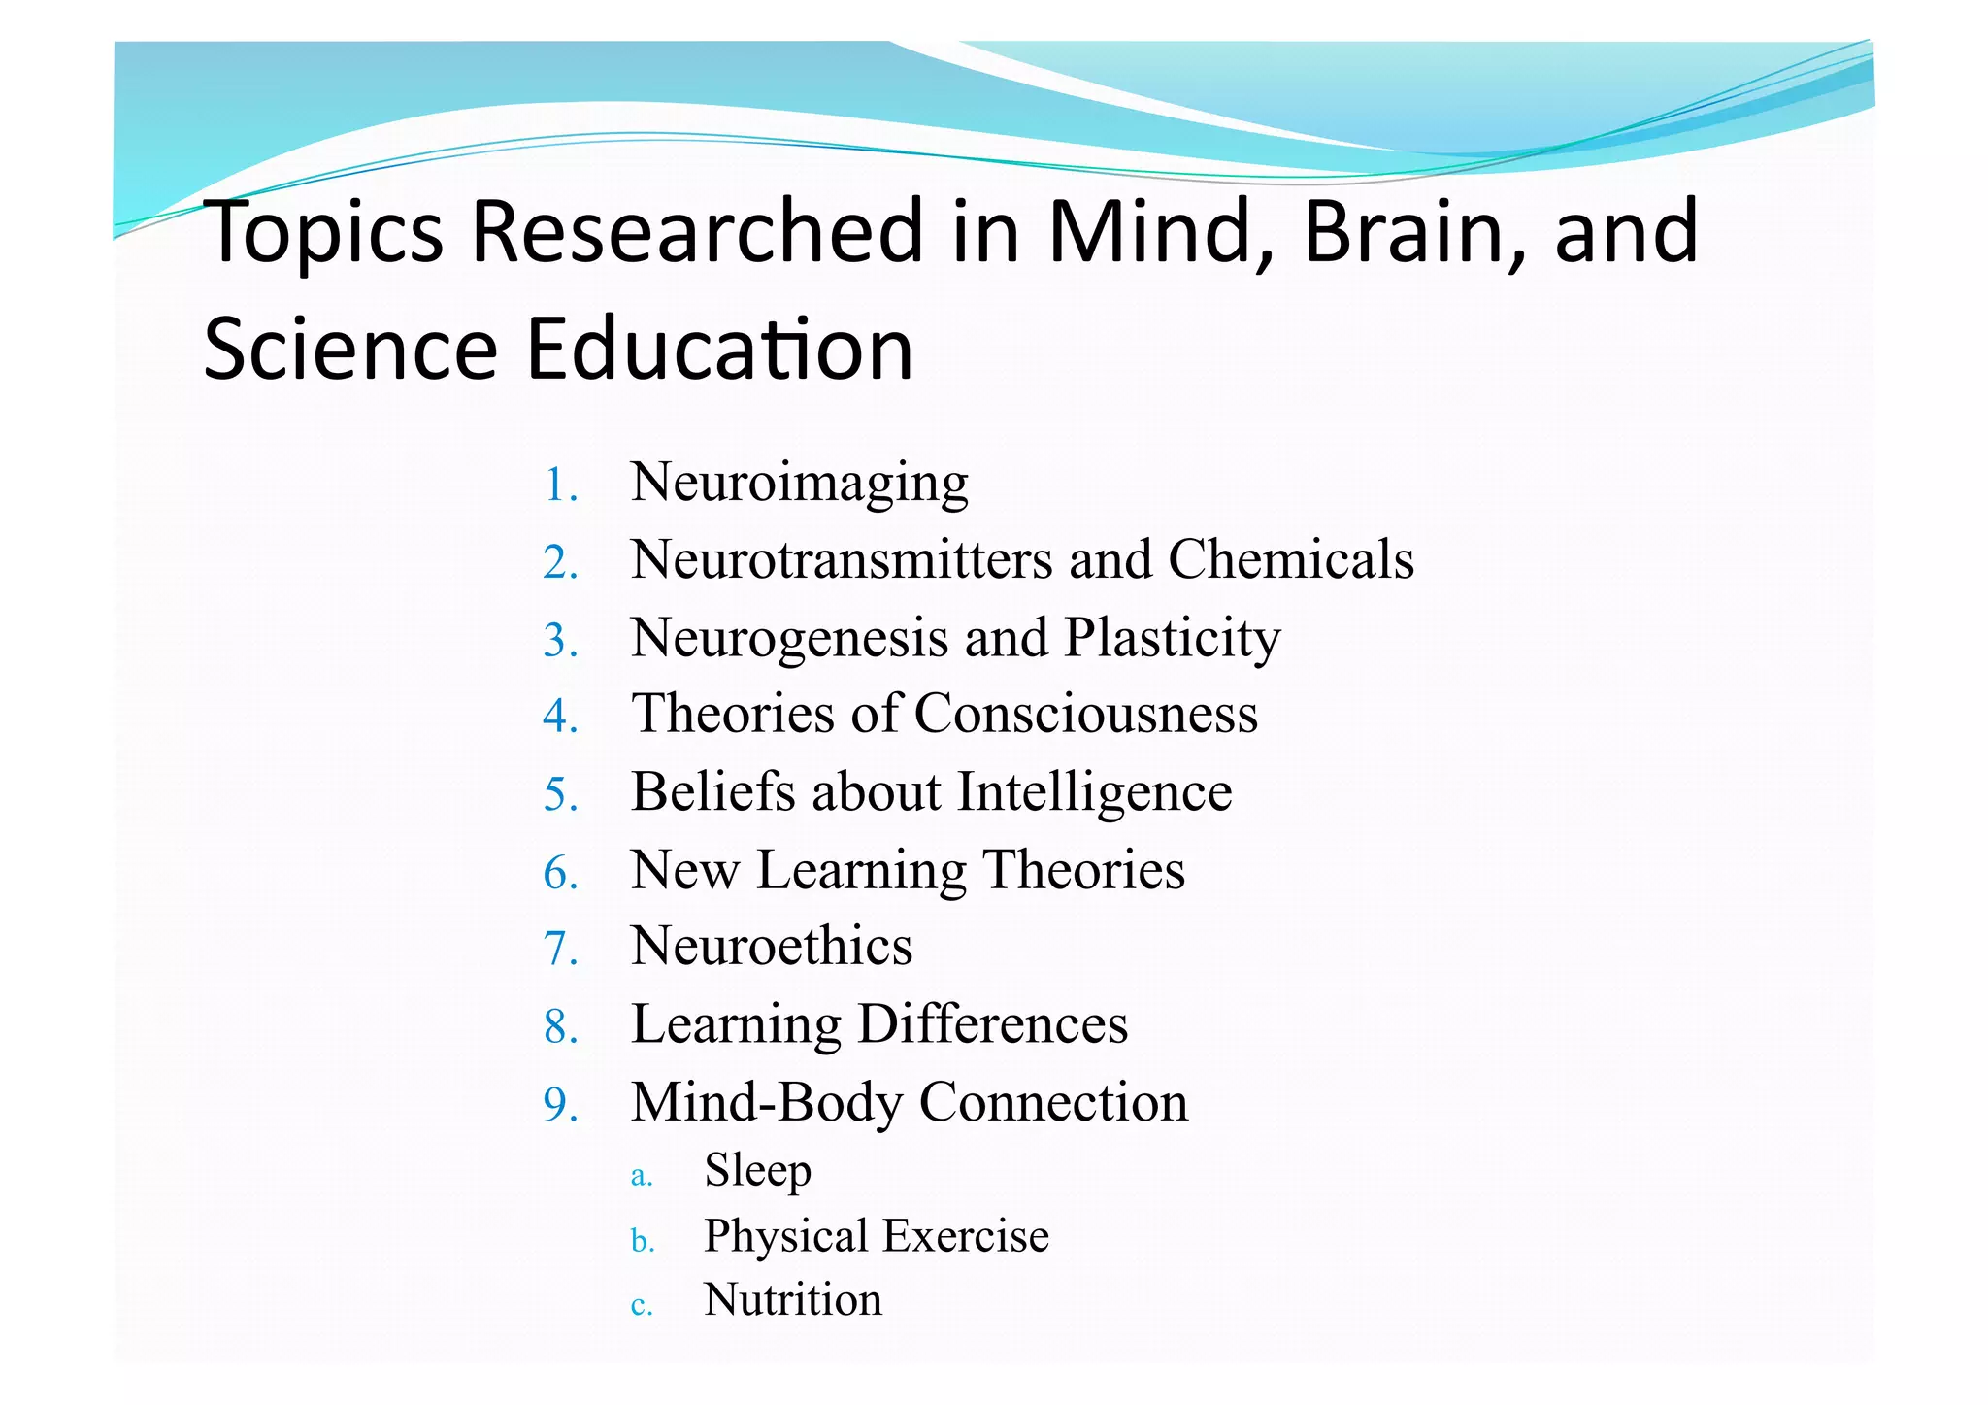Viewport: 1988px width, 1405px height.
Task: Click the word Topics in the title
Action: [324, 233]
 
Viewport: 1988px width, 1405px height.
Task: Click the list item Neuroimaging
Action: [799, 483]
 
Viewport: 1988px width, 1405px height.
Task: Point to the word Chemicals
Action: [1290, 560]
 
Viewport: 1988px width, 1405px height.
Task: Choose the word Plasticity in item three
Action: [1172, 639]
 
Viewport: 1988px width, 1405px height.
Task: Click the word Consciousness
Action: [1085, 714]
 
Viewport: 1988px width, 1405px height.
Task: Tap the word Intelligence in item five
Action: [1094, 792]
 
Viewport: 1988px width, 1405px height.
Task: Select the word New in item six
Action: [684, 869]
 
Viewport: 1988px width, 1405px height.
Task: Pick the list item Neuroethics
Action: [772, 947]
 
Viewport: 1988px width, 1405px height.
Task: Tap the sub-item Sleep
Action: [757, 1170]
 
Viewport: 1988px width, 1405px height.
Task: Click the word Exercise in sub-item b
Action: [965, 1236]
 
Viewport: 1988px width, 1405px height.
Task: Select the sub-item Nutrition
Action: [793, 1300]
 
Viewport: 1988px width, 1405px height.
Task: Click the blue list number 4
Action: [560, 717]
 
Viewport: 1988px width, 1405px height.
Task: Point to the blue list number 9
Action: [560, 1105]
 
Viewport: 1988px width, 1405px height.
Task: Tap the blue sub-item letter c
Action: [641, 1306]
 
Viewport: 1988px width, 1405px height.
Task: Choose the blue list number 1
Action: [560, 485]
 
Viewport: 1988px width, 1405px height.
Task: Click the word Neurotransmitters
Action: [841, 560]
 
